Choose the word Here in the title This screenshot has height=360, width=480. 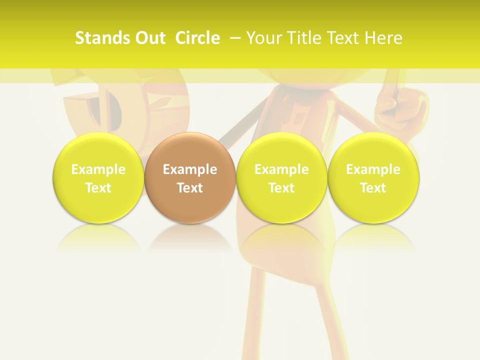[385, 38]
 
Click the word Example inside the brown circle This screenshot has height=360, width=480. [190, 169]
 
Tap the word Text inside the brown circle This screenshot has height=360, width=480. [190, 188]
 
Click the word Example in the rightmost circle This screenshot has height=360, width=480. [373, 169]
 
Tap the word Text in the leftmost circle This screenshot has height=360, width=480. [98, 188]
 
